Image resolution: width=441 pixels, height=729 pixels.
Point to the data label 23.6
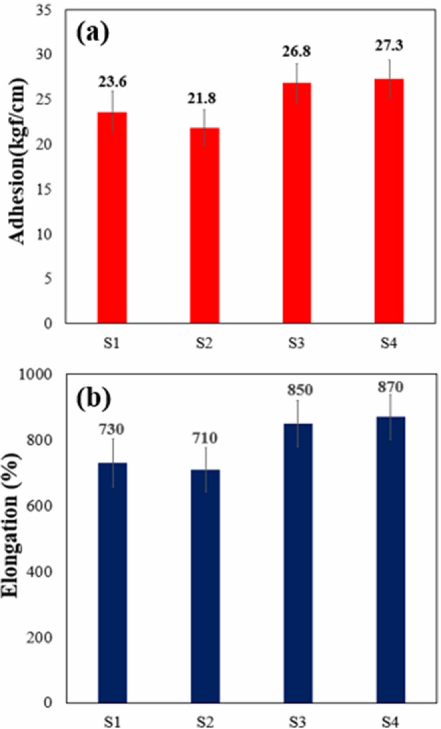tap(112, 82)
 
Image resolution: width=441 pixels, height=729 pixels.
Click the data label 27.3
tap(389, 46)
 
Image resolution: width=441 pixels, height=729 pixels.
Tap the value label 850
tap(300, 390)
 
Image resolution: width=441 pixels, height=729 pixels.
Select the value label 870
tap(390, 387)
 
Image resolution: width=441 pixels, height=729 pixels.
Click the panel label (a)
tap(92, 33)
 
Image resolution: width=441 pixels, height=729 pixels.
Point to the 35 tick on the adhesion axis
tap(44, 10)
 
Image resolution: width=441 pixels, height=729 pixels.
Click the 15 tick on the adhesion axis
tap(44, 189)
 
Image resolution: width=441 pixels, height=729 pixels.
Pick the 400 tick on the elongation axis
tap(39, 571)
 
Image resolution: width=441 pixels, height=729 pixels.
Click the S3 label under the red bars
tap(297, 343)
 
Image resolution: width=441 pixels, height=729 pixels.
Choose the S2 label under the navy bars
tap(205, 721)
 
